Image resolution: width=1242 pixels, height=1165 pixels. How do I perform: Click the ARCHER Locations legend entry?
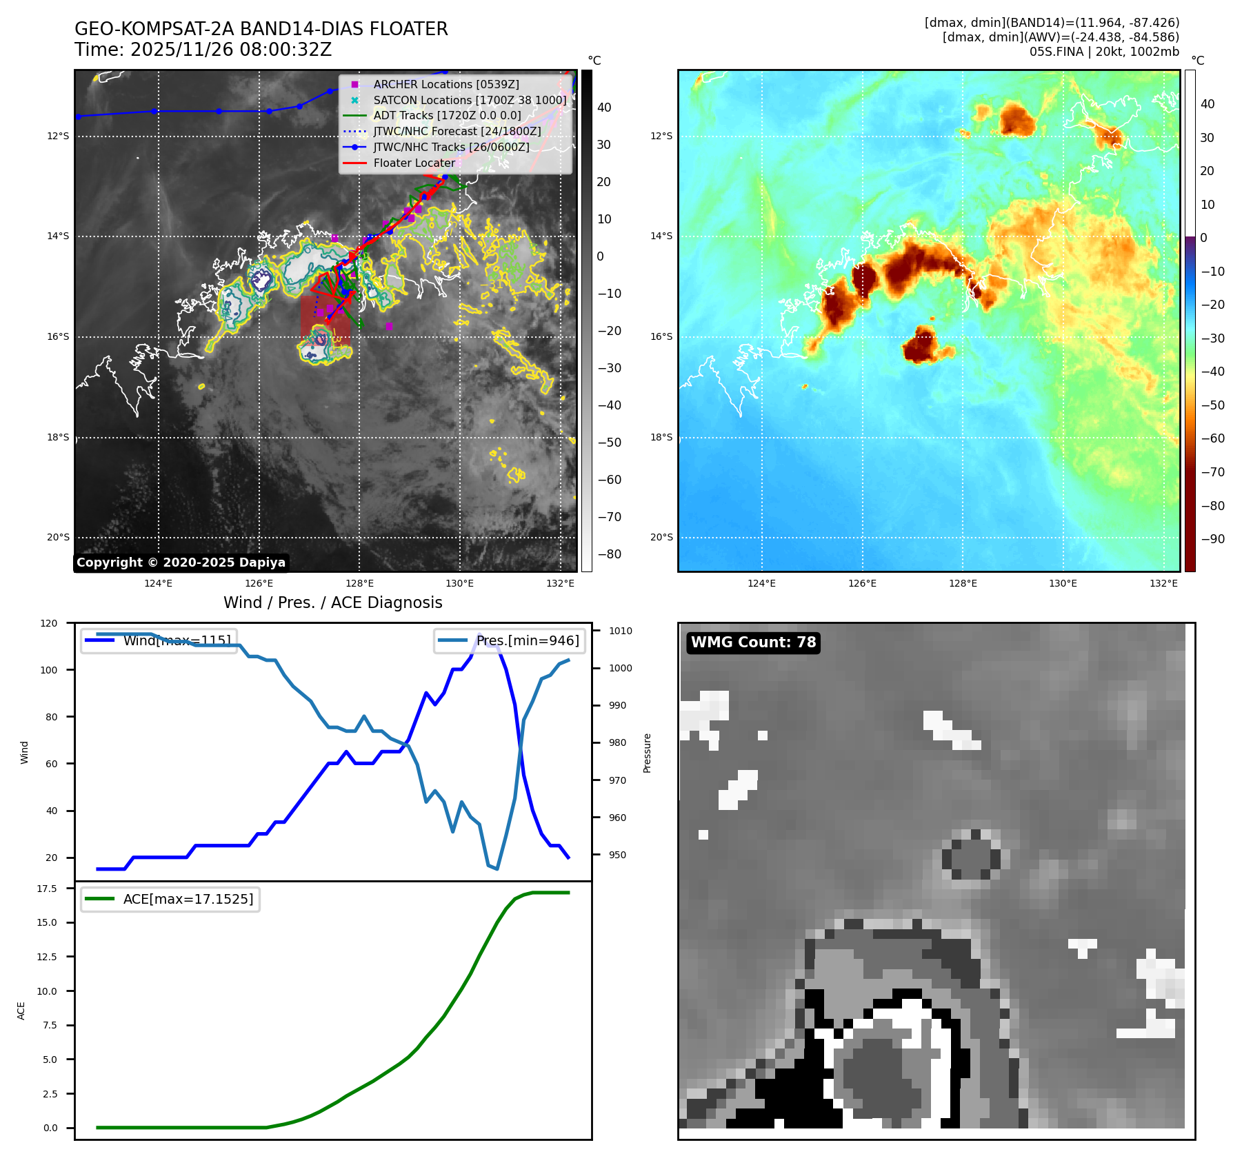pos(445,84)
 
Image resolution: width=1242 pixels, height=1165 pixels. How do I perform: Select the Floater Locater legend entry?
pos(414,163)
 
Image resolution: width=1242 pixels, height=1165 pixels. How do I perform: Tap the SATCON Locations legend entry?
pos(469,100)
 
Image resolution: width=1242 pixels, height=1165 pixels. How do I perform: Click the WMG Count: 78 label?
pos(753,642)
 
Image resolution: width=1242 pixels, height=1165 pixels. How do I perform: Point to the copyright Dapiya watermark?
pos(181,563)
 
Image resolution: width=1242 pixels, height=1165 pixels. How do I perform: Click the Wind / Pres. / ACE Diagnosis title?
pos(333,603)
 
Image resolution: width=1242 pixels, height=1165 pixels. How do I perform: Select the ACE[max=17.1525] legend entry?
pos(188,899)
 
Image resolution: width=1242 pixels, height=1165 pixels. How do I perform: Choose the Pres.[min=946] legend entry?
pos(527,640)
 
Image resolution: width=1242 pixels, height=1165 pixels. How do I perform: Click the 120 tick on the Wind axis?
pos(49,623)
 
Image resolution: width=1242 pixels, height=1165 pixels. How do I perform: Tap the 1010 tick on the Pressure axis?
pos(621,631)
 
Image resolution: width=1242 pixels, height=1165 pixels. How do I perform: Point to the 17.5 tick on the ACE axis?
pos(47,889)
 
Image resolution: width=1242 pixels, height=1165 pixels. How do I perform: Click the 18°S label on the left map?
pos(58,437)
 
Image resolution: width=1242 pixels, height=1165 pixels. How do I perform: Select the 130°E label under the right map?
pos(1063,584)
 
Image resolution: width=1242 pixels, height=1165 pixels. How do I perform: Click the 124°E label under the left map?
pos(159,584)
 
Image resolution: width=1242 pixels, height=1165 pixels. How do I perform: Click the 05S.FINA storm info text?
pos(1104,52)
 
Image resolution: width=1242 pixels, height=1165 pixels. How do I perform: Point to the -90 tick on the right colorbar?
pos(1212,539)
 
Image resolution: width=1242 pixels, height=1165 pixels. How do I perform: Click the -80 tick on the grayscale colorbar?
pos(609,554)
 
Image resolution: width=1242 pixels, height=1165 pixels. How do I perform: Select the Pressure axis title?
pos(647,753)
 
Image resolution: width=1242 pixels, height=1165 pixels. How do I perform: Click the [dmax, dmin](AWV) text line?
pos(1061,37)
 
